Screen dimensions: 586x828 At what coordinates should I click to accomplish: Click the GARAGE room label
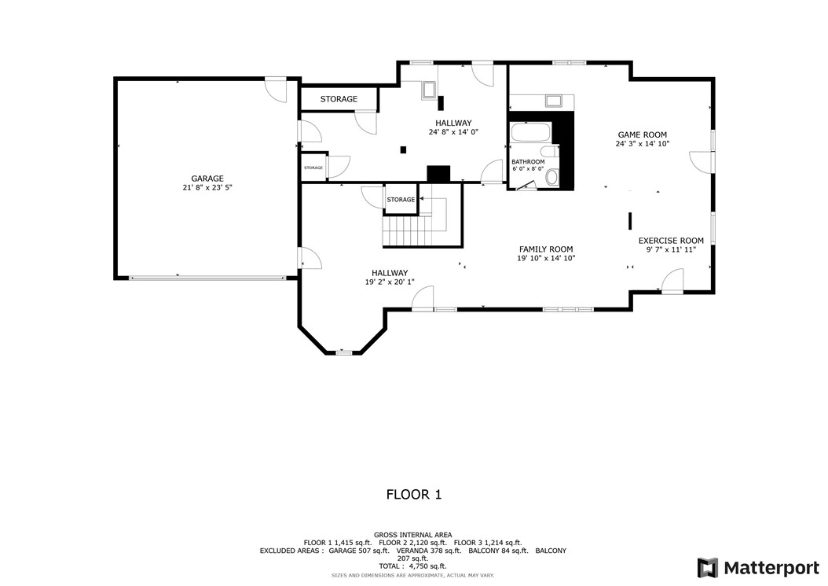[207, 179]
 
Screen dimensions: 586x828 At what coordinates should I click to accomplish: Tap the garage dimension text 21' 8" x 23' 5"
[207, 188]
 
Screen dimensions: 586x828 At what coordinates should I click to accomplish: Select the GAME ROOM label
[642, 135]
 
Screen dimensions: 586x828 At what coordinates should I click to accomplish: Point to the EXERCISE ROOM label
[670, 241]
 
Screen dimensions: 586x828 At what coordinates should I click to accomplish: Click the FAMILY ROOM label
[545, 249]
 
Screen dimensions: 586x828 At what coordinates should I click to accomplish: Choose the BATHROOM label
[528, 162]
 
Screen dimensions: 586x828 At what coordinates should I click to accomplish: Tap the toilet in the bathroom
[551, 178]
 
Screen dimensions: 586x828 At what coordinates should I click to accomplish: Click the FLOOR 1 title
[413, 495]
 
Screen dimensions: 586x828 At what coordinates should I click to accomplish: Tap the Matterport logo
[757, 567]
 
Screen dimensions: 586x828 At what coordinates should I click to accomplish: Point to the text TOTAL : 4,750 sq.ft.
[412, 566]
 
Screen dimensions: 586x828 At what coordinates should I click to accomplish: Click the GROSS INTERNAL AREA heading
[412, 535]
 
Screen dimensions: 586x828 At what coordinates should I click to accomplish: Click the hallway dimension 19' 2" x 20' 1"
[390, 282]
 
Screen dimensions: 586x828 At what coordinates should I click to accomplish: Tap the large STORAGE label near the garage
[339, 99]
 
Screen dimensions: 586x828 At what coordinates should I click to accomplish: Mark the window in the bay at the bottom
[343, 353]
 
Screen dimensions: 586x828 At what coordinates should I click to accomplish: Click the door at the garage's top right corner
[275, 89]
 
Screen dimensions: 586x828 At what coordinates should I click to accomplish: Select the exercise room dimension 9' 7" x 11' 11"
[670, 250]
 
